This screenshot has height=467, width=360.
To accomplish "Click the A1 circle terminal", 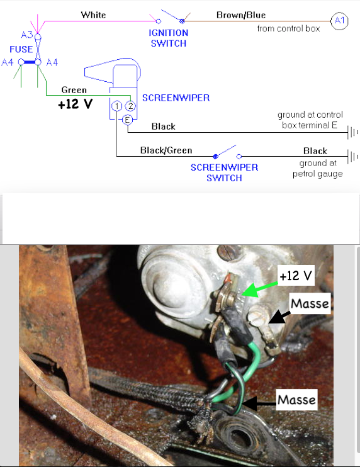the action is coord(339,21).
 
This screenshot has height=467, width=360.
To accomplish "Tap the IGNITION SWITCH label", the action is coord(169,38).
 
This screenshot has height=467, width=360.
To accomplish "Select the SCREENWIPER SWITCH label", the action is coord(224,172).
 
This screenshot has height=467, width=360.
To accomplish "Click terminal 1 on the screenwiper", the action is coord(116,106).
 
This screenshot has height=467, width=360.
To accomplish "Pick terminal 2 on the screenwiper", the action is coord(130,106).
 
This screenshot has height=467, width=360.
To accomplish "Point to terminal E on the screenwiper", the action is coord(127,120).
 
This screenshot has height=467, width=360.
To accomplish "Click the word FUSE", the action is coord(21,49).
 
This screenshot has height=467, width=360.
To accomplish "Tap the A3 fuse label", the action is coord(27,35).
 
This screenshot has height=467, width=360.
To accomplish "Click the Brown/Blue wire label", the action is coord(241,15).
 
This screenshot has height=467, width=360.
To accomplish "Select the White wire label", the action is coord(93,15).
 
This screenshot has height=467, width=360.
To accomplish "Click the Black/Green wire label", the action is coord(166,150).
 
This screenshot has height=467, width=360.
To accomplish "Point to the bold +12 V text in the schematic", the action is coord(76,104).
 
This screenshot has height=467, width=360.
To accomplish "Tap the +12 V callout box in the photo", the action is coord(296,276).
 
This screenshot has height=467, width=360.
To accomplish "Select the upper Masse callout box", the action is coord(310,303).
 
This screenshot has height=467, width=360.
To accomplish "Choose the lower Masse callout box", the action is coord(296,400).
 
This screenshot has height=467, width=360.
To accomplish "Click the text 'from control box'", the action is coord(288,28).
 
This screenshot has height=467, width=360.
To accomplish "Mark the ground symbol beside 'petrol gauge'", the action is coord(352,157).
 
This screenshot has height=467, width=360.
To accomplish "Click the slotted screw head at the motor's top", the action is coord(228,252).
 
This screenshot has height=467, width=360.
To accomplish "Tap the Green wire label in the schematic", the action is coord(74,90).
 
